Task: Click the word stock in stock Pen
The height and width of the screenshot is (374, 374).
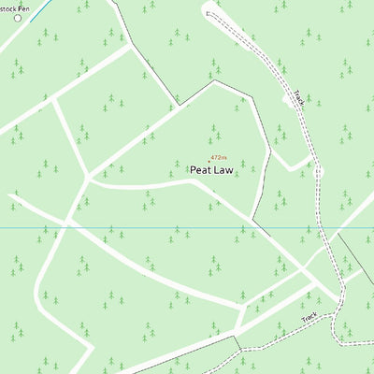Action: point(8,7)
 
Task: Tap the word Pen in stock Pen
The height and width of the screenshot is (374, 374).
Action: point(25,7)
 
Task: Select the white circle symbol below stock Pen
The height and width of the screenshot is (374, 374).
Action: point(17,18)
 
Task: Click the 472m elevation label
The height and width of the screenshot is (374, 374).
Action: point(219,158)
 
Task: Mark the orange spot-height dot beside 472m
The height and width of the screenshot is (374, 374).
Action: point(209,158)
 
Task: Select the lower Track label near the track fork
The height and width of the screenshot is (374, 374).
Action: point(309,320)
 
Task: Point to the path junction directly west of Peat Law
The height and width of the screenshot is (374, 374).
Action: point(87,176)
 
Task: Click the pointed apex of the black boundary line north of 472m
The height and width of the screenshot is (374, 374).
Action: point(214,80)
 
